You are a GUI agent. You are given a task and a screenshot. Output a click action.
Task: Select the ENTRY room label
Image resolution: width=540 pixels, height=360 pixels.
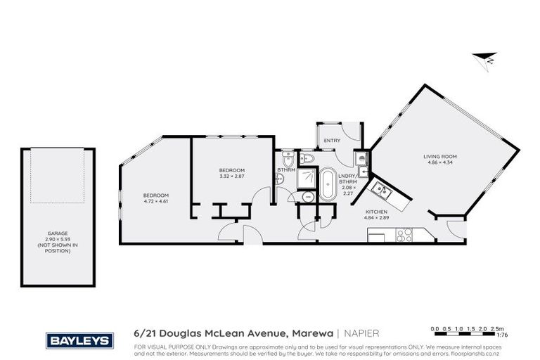pos(332,141)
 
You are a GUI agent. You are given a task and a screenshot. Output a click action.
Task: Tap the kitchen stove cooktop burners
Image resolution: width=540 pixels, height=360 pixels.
pos(405,236)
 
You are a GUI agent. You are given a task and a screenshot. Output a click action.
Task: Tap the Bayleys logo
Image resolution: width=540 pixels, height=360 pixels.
pos(79,340)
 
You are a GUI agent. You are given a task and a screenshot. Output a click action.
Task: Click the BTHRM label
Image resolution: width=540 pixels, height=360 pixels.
pos(286,170)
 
